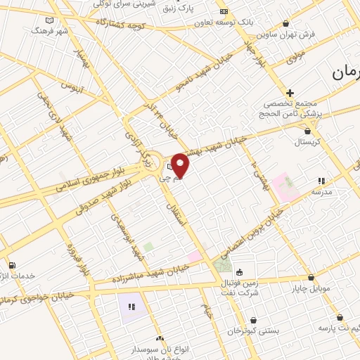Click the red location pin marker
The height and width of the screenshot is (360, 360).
pos(181,165)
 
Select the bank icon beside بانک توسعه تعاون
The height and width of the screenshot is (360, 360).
pos(224,12)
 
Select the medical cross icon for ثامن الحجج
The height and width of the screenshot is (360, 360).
pos(290,93)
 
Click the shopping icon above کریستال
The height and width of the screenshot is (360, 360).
pos(307,130)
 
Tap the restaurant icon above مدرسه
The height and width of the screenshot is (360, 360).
pos(322,181)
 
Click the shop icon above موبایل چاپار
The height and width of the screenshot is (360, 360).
pos(311,278)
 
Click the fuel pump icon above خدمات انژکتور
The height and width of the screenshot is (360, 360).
pos(12,265)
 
